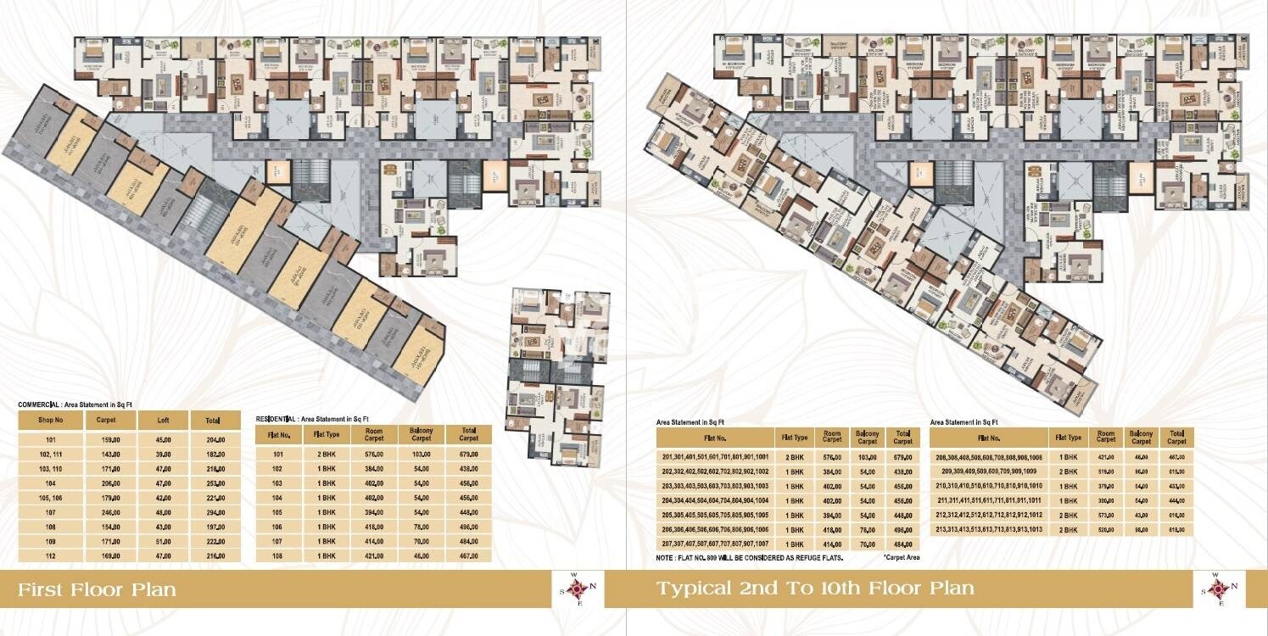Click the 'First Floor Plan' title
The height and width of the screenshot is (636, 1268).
[98, 589]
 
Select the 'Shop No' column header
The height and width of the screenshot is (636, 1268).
[50, 421]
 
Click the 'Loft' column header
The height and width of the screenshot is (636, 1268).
[163, 421]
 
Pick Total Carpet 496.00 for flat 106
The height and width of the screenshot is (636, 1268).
[468, 527]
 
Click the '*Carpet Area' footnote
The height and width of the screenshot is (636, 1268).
[901, 557]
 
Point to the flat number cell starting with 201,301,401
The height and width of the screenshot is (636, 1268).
[714, 456]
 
